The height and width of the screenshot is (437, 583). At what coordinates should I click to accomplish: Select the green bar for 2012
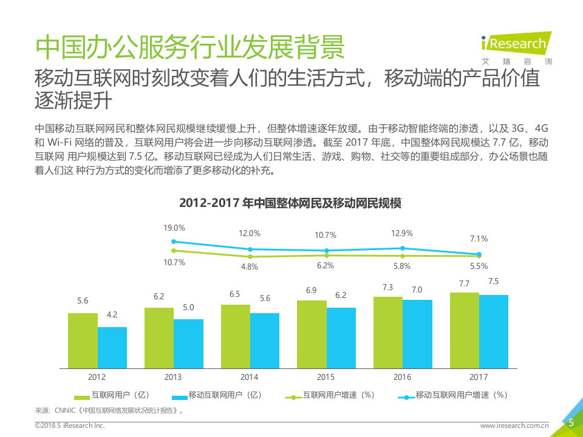coord(83,340)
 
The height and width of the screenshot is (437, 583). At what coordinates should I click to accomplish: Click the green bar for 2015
coord(312,334)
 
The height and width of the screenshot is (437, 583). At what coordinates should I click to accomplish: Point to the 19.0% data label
coord(174,228)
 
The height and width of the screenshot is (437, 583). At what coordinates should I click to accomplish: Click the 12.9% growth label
coord(402,233)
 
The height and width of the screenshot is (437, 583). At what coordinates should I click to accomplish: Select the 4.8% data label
coord(250,266)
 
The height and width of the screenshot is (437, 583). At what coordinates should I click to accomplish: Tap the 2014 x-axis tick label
coord(250,377)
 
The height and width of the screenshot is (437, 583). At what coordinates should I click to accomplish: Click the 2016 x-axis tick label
coord(402,377)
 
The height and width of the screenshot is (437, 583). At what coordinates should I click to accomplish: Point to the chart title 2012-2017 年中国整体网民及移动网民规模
coord(290,203)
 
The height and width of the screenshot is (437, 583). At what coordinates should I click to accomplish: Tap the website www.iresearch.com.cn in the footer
coord(514,426)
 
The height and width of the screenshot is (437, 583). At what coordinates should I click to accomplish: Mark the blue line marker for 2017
coord(479,254)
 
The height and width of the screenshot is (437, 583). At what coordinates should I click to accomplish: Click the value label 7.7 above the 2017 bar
coord(464,283)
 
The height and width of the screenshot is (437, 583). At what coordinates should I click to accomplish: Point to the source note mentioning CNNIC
coord(109,410)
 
